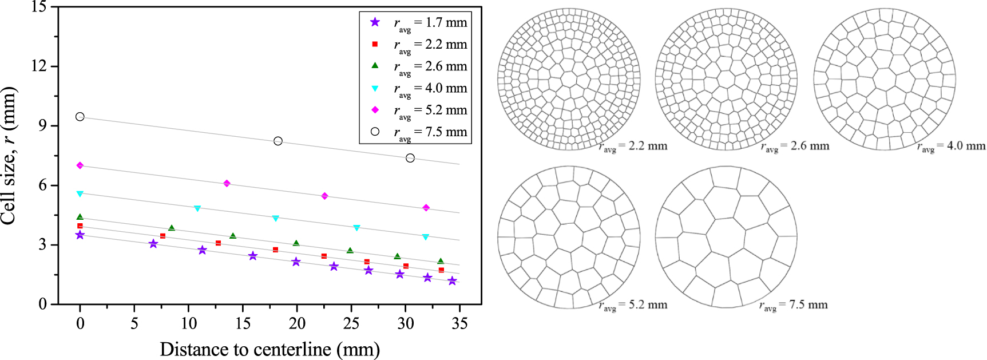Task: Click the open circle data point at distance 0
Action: point(80,117)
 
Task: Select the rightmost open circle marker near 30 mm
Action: point(410,158)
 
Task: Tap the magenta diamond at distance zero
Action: point(80,165)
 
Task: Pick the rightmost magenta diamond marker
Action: point(426,208)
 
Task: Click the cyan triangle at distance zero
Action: point(80,194)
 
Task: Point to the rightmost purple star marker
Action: point(453,281)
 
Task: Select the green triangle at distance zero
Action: point(80,217)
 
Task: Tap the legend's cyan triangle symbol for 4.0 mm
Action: point(375,89)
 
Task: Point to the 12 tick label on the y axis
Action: point(39,66)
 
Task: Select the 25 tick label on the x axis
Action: point(351,324)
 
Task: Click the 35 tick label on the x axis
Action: point(459,324)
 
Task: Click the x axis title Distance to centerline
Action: point(269,349)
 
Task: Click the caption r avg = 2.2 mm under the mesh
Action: point(633,147)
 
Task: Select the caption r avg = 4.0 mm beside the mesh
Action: point(951,147)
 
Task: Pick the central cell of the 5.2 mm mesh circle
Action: point(568,238)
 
